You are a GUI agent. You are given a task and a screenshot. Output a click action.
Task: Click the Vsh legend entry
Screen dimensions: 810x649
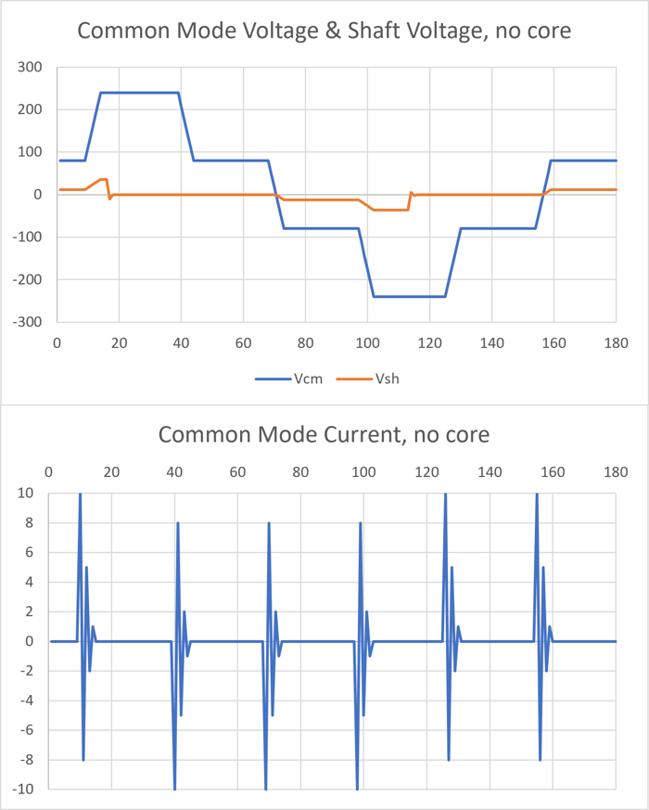[387, 379]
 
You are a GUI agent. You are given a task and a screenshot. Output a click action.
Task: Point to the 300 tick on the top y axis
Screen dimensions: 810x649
[32, 67]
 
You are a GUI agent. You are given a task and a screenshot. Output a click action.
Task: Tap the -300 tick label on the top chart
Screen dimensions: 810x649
[29, 321]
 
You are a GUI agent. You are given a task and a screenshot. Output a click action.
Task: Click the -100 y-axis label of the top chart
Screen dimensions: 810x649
[29, 237]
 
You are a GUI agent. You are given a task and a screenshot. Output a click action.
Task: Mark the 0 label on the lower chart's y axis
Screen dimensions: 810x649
[30, 641]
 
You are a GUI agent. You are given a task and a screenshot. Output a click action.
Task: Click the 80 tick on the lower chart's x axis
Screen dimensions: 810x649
[300, 472]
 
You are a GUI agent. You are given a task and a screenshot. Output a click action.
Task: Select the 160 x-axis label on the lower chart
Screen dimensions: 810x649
[553, 472]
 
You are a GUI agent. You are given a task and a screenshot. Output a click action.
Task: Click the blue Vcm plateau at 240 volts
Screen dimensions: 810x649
[139, 93]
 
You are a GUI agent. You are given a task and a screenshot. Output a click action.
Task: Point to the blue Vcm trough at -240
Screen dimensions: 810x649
[408, 297]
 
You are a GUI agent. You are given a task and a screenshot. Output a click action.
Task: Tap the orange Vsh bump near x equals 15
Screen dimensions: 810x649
[103, 179]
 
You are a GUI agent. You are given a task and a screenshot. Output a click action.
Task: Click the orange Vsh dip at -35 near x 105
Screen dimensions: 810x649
[389, 210]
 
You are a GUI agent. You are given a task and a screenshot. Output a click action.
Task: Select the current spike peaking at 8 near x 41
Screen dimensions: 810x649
[178, 525]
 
